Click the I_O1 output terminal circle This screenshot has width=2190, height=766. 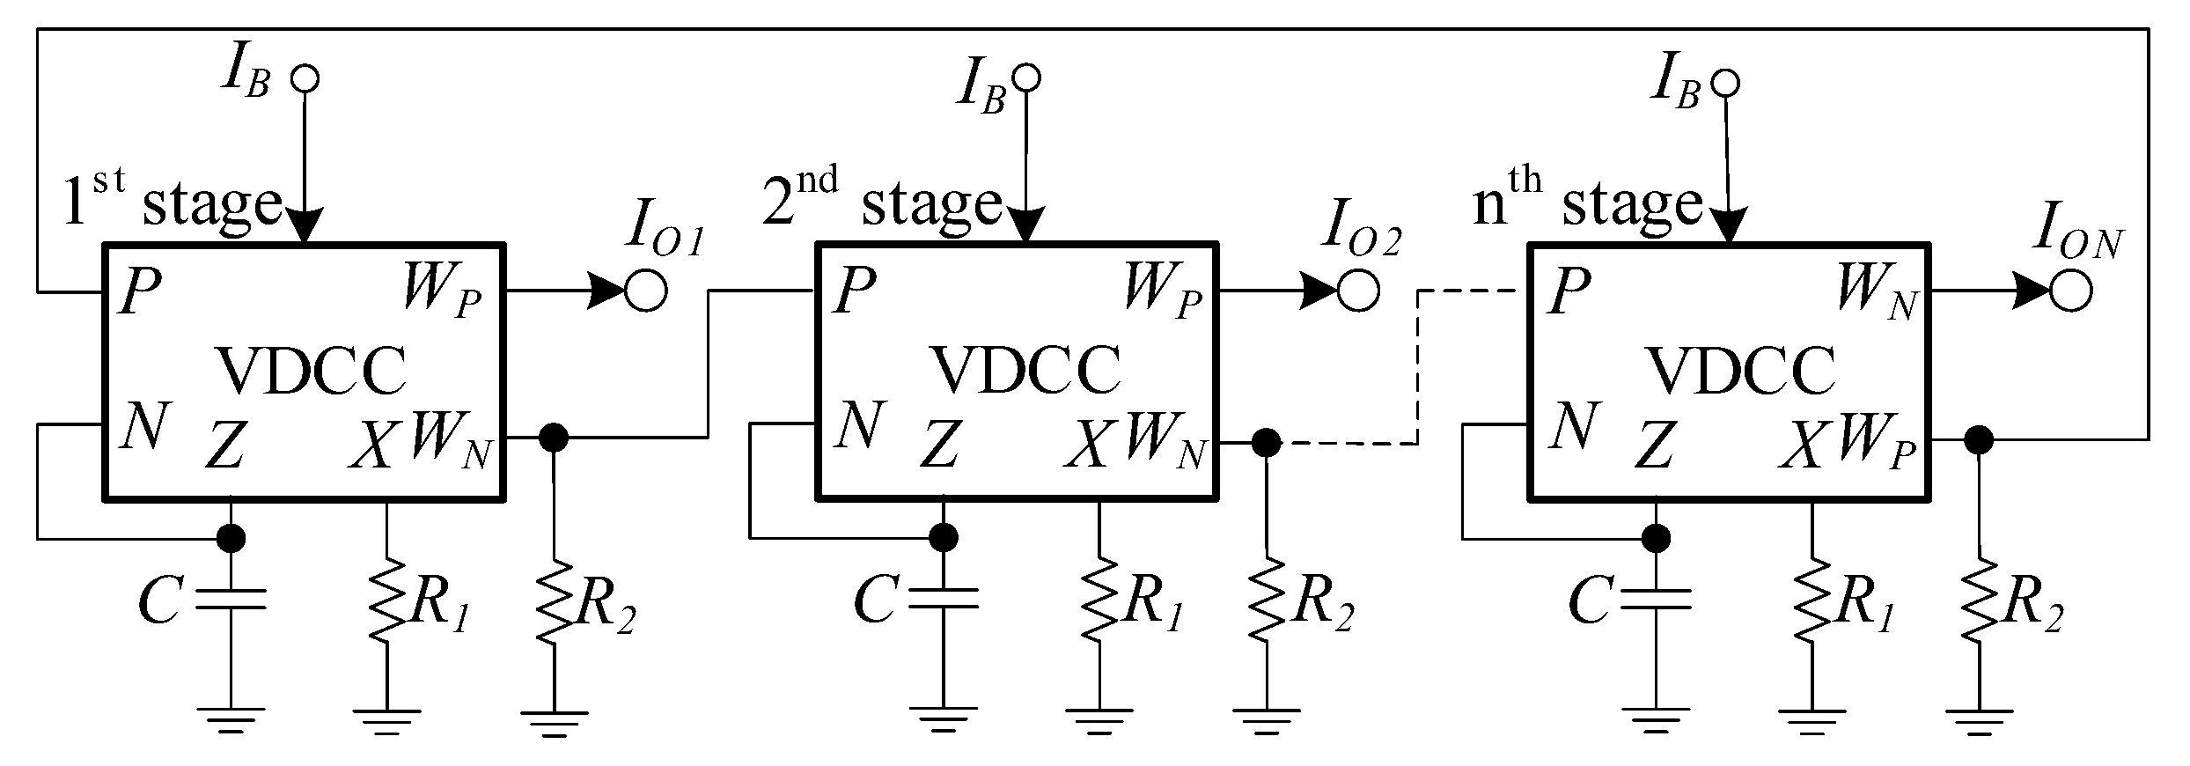(x=645, y=291)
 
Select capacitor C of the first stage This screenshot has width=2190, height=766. (x=231, y=599)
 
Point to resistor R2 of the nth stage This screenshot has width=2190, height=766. (x=1979, y=603)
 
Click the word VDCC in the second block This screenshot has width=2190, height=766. (x=1025, y=370)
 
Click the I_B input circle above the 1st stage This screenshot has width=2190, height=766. (x=305, y=78)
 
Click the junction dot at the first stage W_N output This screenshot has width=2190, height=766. (x=553, y=437)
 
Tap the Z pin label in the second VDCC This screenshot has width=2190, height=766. (x=939, y=445)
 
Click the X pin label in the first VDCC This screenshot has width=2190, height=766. (x=371, y=445)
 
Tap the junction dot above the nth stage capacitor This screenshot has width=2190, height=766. (x=1657, y=536)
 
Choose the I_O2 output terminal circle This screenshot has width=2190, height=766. (x=1357, y=291)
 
